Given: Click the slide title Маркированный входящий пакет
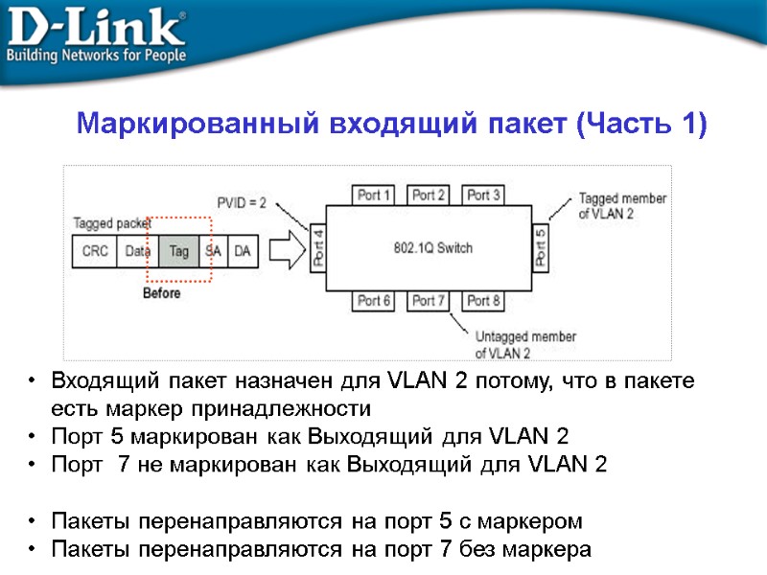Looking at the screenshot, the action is pyautogui.click(x=391, y=125).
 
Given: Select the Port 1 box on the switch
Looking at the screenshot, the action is pyautogui.click(x=375, y=195).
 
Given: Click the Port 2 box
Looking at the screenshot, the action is pyautogui.click(x=430, y=195).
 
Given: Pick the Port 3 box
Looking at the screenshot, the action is pyautogui.click(x=484, y=195).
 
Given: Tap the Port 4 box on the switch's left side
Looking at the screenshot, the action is pyautogui.click(x=319, y=248).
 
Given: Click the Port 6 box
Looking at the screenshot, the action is pyautogui.click(x=375, y=302).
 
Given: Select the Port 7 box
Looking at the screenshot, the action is pyautogui.click(x=430, y=302).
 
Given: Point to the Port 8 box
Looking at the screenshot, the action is pyautogui.click(x=484, y=302).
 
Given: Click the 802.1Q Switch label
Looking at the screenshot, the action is pyautogui.click(x=433, y=248).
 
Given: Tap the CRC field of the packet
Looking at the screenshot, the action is pyautogui.click(x=95, y=251).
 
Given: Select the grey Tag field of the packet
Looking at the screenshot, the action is pyautogui.click(x=179, y=251).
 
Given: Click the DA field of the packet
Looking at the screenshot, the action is pyautogui.click(x=244, y=251).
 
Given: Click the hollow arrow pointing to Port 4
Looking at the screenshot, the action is pyautogui.click(x=286, y=251).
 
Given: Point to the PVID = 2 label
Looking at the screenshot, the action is pyautogui.click(x=242, y=203).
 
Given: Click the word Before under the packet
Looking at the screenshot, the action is pyautogui.click(x=161, y=293).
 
